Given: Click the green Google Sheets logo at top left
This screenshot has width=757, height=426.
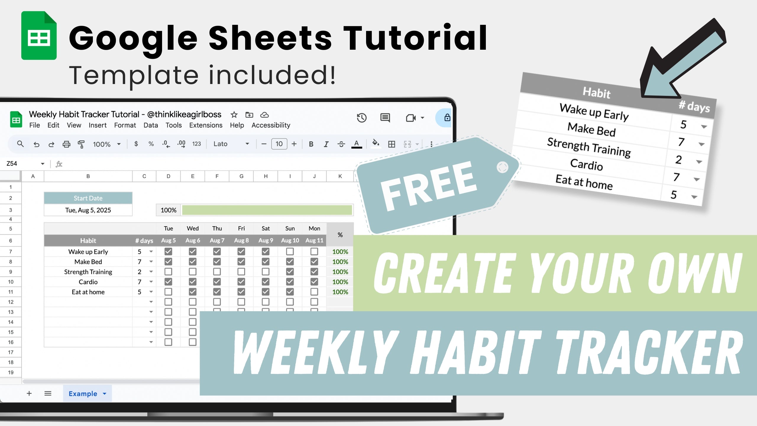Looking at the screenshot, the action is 39,35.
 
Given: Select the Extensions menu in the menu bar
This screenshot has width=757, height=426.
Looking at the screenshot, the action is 206,125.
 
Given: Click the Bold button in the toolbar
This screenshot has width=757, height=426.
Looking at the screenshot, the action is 311,144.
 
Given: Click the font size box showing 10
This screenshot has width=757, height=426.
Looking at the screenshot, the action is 279,144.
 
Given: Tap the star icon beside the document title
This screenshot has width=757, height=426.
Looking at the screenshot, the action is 234,114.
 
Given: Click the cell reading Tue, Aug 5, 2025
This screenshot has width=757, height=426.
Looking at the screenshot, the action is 88,210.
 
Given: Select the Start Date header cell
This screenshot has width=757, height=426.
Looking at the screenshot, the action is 88,198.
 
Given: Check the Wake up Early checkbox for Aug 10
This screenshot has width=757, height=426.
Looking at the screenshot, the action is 290,251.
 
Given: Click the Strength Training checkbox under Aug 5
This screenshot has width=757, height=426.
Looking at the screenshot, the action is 168,272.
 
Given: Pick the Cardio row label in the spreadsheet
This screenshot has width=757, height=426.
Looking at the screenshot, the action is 88,282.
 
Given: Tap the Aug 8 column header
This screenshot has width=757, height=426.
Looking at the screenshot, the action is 241,240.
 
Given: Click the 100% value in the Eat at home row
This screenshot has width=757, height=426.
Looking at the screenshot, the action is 340,292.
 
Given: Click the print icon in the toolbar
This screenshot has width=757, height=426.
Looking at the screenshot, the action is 67,144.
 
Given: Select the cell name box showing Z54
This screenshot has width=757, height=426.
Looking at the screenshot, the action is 25,164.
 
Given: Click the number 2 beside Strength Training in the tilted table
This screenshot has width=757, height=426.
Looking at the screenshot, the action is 679,160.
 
